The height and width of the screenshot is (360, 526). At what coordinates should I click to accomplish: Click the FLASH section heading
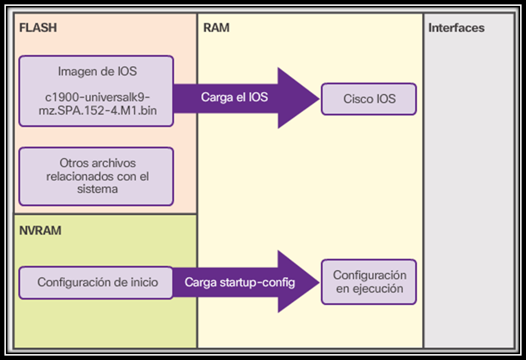coord(38,27)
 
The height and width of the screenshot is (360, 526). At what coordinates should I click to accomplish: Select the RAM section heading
coord(216,27)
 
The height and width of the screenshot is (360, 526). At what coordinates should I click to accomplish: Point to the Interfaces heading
coord(456,28)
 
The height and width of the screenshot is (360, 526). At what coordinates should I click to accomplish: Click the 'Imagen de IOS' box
coord(96,91)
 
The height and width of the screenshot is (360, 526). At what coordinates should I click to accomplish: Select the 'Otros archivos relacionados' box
coord(96,176)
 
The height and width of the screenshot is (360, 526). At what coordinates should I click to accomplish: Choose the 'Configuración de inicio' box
coord(96,283)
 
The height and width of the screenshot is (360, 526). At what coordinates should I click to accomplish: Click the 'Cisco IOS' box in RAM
coord(369,99)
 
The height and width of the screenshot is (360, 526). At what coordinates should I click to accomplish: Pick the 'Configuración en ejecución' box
coord(369,282)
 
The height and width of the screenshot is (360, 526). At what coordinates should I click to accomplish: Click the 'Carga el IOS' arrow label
coord(234,97)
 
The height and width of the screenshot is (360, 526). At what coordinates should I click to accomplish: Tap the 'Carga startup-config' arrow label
coord(239,283)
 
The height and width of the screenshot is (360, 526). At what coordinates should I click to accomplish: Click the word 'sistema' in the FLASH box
coord(97,189)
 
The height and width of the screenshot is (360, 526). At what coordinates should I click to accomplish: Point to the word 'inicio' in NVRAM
coord(143,283)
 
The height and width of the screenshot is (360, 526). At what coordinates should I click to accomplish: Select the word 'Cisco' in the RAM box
coord(357,99)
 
